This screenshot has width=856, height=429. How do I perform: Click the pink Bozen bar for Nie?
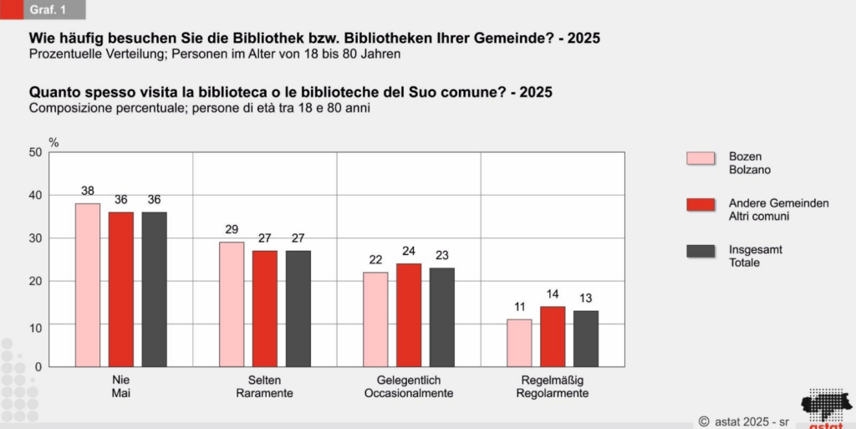pyautogui.click(x=88, y=284)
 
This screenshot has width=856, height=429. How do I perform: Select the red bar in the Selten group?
pyautogui.click(x=265, y=308)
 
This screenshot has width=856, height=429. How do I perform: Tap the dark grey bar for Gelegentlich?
pyautogui.click(x=442, y=317)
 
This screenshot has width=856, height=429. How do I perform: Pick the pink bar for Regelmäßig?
pyautogui.click(x=519, y=343)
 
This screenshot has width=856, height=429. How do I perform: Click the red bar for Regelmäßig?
pyautogui.click(x=553, y=336)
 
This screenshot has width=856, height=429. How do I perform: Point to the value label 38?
pyautogui.click(x=88, y=191)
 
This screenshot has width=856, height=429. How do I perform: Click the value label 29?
pyautogui.click(x=232, y=229)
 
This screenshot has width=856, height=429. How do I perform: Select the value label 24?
pyautogui.click(x=409, y=251)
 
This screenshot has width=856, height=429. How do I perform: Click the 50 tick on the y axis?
pyautogui.click(x=35, y=152)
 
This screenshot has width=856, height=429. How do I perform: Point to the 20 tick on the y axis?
pyautogui.click(x=35, y=281)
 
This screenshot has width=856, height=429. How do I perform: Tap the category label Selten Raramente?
pyautogui.click(x=264, y=386)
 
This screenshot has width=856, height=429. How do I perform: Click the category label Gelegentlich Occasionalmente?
pyautogui.click(x=409, y=386)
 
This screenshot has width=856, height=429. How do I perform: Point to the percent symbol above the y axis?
pyautogui.click(x=53, y=143)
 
